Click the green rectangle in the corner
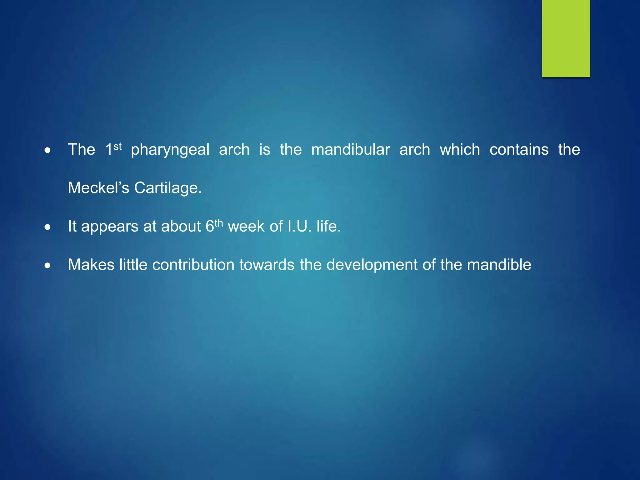(x=566, y=38)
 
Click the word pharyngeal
(x=170, y=150)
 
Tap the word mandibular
(x=351, y=149)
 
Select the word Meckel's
(x=98, y=188)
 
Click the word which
(x=460, y=149)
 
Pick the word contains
(x=519, y=149)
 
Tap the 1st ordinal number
(x=113, y=149)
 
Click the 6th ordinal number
(x=214, y=226)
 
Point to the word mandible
(x=499, y=265)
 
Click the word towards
(x=267, y=265)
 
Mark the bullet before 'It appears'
(x=47, y=227)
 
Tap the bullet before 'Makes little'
(x=47, y=266)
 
